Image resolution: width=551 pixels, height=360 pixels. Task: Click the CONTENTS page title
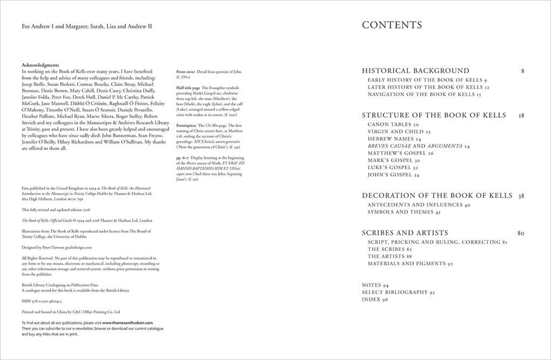pos(392,25)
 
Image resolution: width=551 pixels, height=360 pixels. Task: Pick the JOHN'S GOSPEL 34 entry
pos(393,175)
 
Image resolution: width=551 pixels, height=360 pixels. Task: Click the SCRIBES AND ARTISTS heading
pos(405,233)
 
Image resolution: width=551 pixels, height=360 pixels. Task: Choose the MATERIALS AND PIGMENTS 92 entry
pos(410,263)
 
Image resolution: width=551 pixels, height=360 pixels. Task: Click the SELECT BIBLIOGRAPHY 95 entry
pos(398,292)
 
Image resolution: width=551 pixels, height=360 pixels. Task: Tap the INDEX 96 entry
pos(375,299)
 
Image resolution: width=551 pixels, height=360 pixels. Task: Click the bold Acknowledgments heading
pos(41,65)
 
